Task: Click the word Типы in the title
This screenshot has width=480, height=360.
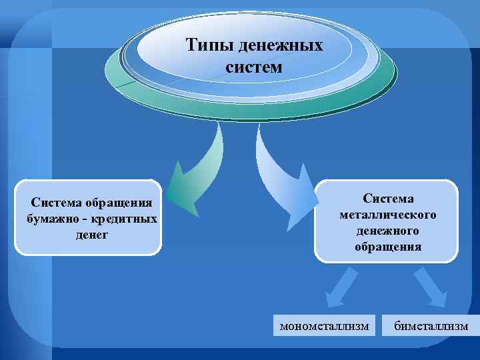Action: pyautogui.click(x=207, y=46)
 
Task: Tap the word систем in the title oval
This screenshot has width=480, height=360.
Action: pyautogui.click(x=254, y=67)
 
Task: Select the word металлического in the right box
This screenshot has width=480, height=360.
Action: pyautogui.click(x=387, y=215)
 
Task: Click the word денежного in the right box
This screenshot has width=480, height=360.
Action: pyautogui.click(x=387, y=231)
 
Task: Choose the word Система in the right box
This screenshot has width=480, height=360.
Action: pyautogui.click(x=388, y=199)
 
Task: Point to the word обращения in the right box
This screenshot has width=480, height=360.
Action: pyautogui.click(x=387, y=247)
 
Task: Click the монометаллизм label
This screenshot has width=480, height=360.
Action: pyautogui.click(x=324, y=326)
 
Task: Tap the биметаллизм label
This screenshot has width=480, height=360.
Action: pyautogui.click(x=431, y=326)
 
